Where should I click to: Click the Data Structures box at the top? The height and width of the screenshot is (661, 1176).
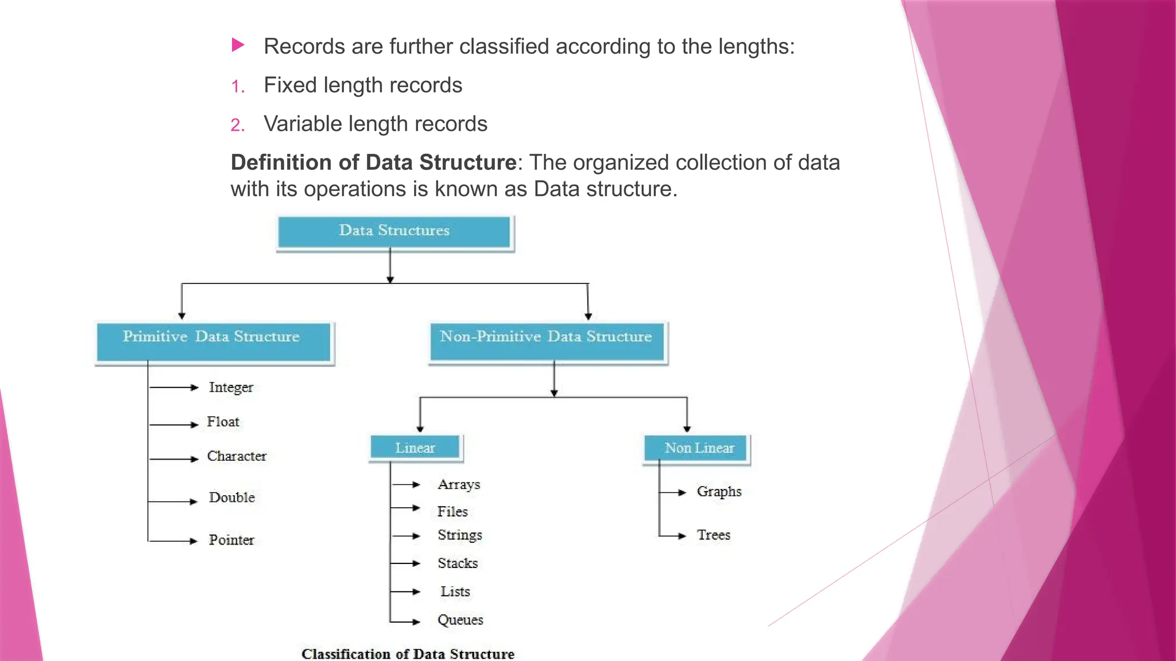click(x=394, y=232)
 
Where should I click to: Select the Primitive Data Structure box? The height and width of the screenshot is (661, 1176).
click(x=213, y=342)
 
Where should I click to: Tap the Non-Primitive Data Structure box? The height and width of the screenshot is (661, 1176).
click(x=547, y=342)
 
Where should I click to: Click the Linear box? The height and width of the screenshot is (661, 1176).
click(x=415, y=448)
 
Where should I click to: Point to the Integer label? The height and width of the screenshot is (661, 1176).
click(x=231, y=388)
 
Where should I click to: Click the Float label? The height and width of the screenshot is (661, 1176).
click(x=223, y=422)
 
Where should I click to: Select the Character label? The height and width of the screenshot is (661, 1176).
click(x=237, y=457)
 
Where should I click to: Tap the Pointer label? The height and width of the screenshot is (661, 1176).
click(x=231, y=541)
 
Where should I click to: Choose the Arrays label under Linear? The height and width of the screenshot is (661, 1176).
click(x=459, y=485)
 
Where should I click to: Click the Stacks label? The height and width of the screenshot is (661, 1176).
click(x=458, y=563)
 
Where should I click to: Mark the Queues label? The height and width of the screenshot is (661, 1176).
click(x=460, y=620)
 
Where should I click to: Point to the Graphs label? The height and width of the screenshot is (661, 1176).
click(x=719, y=492)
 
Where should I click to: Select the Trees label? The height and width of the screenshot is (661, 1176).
click(x=713, y=535)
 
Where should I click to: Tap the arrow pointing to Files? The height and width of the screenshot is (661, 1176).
click(x=406, y=508)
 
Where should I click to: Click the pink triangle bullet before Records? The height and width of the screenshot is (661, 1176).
click(x=238, y=45)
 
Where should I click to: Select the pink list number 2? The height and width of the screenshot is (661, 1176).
click(x=237, y=125)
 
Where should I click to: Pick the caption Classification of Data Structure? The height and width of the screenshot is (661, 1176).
click(x=408, y=654)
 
